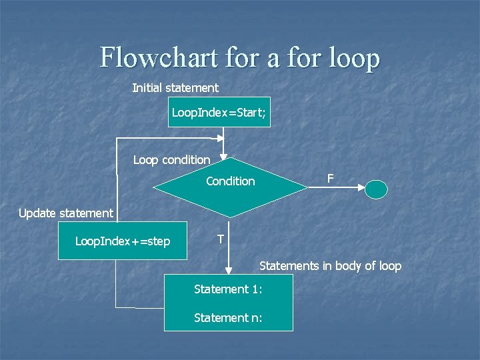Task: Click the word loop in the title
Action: coord(354,58)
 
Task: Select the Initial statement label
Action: coord(175,87)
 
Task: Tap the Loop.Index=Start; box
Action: coord(219,113)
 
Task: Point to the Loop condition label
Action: coord(171,160)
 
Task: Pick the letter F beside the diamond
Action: coord(330,179)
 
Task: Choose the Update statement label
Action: coord(66,213)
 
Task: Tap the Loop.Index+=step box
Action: coord(123,241)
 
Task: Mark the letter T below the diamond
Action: coord(221,239)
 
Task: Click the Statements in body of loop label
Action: coord(330,266)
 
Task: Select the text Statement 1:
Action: coord(228,289)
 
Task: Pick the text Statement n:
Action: coord(228,318)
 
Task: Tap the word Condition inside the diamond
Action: coord(230,181)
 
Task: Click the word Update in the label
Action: coord(37,213)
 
